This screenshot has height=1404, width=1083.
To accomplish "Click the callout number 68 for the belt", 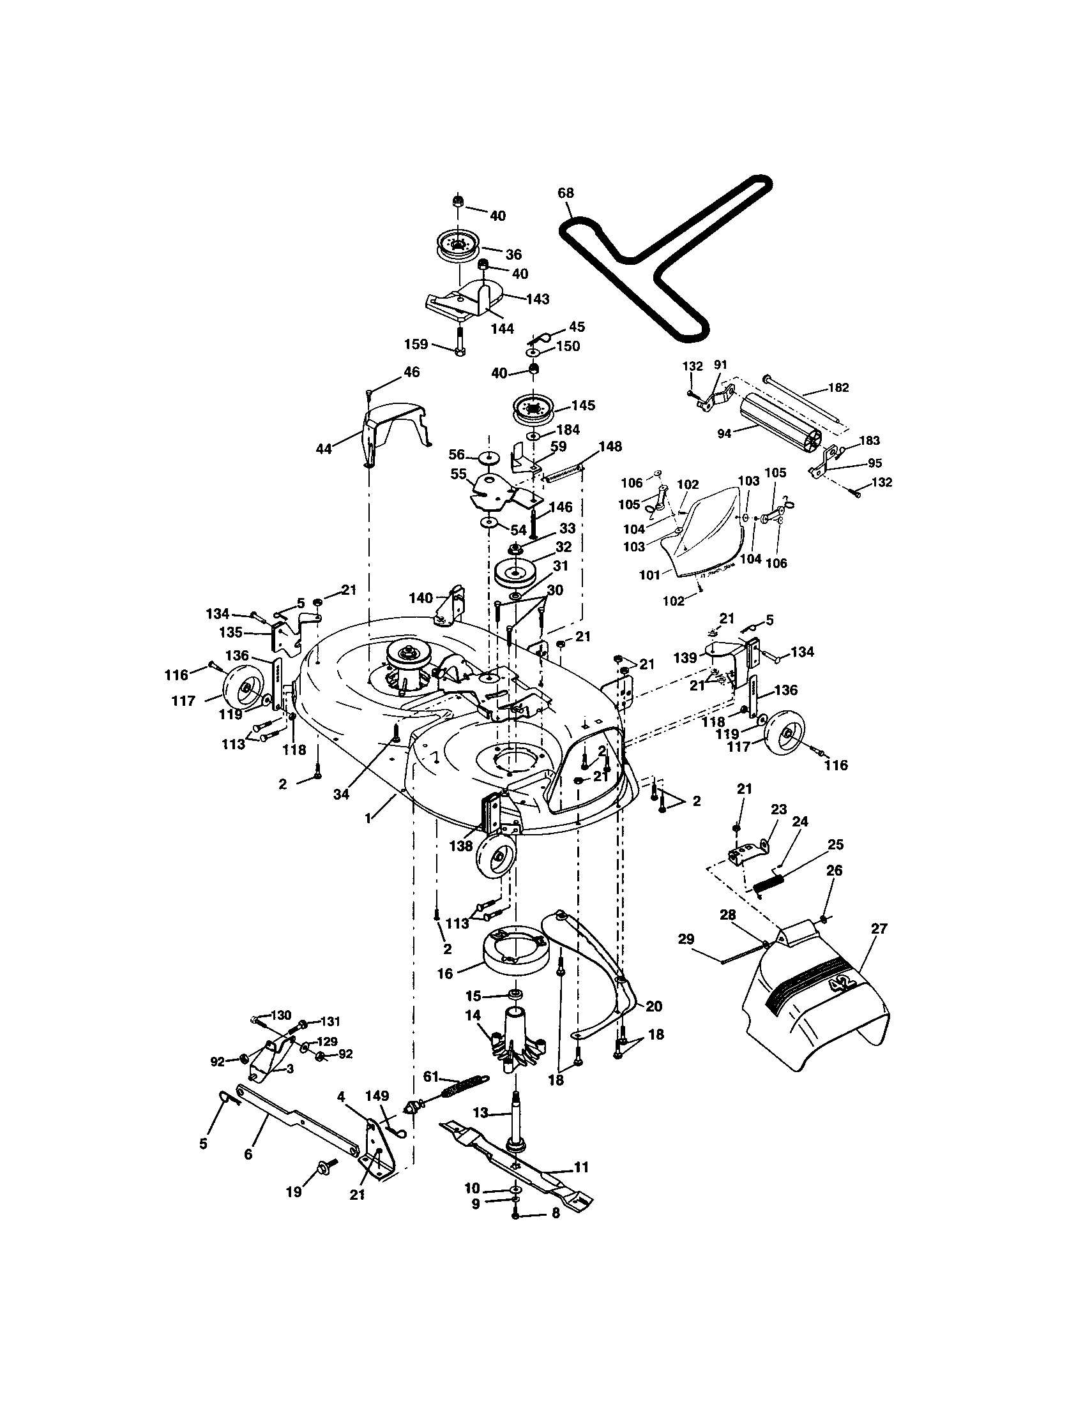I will click(566, 193).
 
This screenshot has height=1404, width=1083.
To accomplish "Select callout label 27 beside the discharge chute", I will click(879, 929).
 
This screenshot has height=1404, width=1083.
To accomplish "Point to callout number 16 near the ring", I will click(445, 973).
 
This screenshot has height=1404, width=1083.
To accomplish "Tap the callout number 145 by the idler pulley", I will click(582, 406).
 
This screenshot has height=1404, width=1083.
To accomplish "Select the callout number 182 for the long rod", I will click(838, 387).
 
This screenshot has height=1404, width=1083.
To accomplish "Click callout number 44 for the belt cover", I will click(324, 449).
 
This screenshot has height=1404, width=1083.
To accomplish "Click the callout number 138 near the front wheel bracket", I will click(461, 847).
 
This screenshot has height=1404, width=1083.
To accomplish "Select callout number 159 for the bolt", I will click(416, 345).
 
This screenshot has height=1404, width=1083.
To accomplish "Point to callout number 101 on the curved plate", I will click(649, 575).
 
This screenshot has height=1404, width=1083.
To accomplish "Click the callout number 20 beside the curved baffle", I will click(653, 1006).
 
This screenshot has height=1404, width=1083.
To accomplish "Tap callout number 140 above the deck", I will click(421, 598).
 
